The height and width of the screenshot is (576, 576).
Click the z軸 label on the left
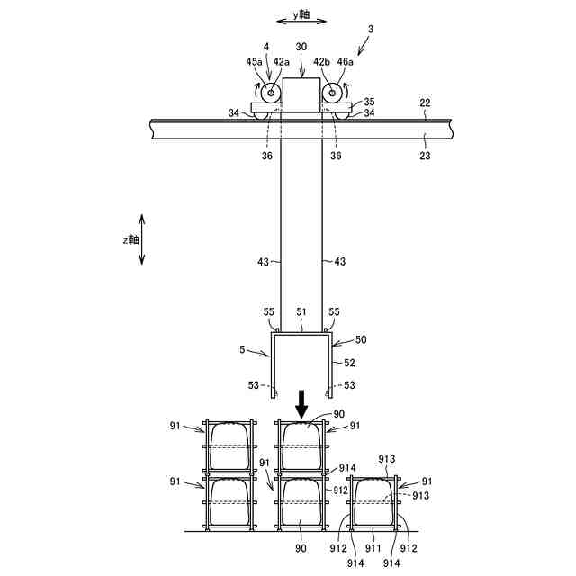[x=131, y=239]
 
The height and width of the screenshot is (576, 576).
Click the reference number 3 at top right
[x=370, y=30]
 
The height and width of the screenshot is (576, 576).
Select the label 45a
[x=255, y=61]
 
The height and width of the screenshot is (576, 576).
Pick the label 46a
[x=346, y=61]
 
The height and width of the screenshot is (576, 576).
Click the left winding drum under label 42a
[x=271, y=93]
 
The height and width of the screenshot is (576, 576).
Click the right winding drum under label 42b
[x=331, y=93]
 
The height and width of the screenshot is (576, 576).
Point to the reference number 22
[x=424, y=103]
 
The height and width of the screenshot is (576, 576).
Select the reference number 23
[x=425, y=156]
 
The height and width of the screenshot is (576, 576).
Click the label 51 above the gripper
[x=301, y=311]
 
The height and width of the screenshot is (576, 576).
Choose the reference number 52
[x=348, y=362]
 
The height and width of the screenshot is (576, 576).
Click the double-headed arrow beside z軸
[x=142, y=239]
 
